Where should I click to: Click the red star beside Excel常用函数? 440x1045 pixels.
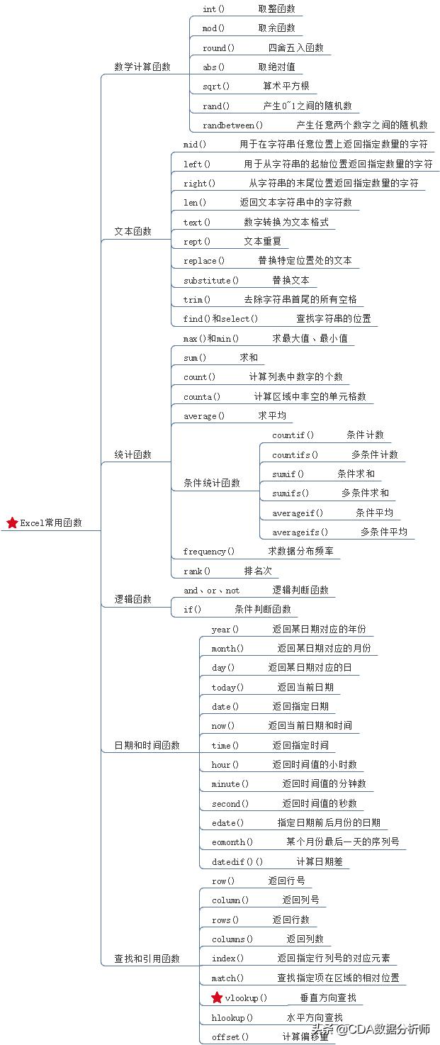point(12,522)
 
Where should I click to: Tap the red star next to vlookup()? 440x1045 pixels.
point(217,998)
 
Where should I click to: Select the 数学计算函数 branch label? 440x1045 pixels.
point(142,67)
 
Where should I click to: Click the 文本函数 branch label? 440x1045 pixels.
point(133,231)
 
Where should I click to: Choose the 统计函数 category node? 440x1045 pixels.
point(133,454)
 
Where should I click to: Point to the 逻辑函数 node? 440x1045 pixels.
point(133,599)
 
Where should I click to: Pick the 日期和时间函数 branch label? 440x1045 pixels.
point(147,745)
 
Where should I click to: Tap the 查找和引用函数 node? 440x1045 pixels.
point(147,959)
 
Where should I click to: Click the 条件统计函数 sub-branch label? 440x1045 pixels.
point(212,483)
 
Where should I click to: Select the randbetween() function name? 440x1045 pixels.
point(233,125)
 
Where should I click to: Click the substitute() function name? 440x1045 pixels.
point(211,280)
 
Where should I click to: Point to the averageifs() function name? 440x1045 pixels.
point(300,532)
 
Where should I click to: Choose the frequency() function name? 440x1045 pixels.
point(209,551)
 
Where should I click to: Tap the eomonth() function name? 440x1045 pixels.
point(232,842)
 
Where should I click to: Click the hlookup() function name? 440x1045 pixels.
point(232,1017)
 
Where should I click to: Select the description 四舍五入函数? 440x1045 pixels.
point(295,48)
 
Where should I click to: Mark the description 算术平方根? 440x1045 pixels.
point(286,86)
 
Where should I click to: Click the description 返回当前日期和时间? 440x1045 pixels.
point(310,726)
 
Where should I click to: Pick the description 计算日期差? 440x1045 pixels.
point(320,861)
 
